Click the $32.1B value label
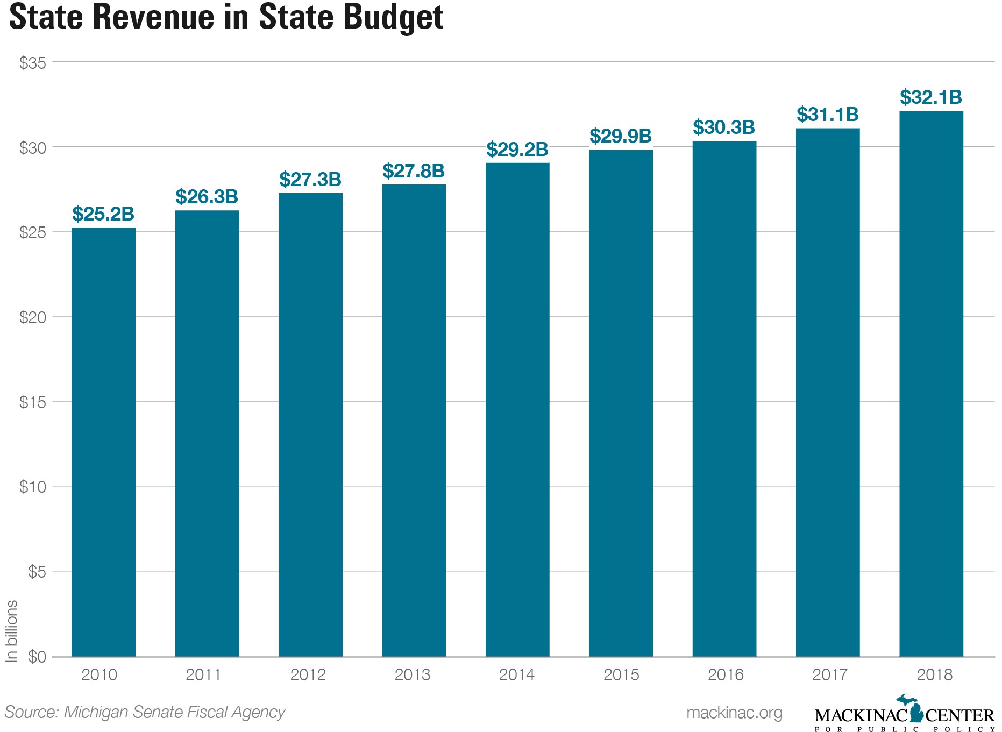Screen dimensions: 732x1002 click(x=931, y=97)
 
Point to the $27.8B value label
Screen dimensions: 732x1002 click(x=414, y=171)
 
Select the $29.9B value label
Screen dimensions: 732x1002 click(x=621, y=136)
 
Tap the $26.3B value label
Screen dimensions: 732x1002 click(x=207, y=197)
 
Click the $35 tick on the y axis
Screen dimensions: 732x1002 click(x=33, y=63)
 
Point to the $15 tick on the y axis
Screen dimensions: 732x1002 click(x=33, y=402)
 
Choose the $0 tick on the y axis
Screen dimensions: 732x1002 click(x=37, y=657)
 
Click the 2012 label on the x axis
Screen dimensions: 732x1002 click(x=308, y=674)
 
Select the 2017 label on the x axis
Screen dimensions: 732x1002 click(x=830, y=674)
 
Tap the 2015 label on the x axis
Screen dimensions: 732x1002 click(x=621, y=674)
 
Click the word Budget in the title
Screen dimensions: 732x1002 click(x=393, y=17)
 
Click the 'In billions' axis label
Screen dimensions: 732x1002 click(x=11, y=630)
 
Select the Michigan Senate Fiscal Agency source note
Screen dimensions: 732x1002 click(x=145, y=712)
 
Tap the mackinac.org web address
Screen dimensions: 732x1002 click(x=734, y=713)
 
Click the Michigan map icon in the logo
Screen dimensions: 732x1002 click(x=909, y=707)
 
